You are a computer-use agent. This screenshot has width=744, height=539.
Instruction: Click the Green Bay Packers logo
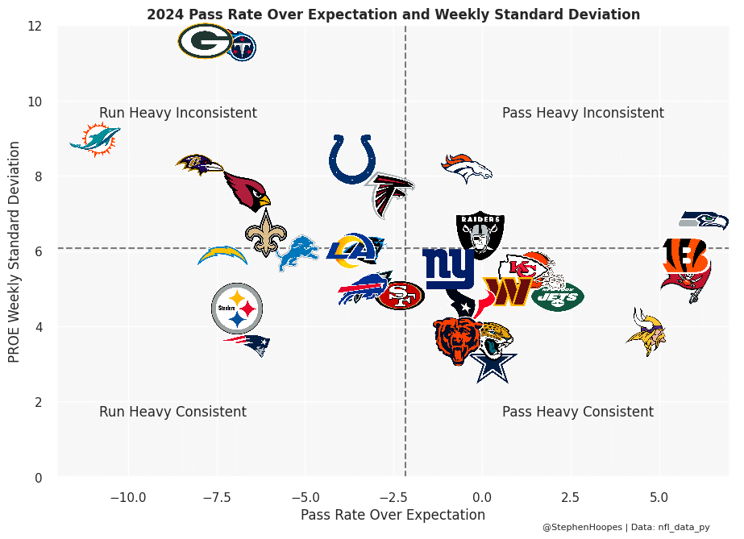click(x=206, y=41)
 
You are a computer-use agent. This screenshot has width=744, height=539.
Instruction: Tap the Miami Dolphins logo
click(x=95, y=140)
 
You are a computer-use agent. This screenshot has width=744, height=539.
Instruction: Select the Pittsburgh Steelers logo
click(x=237, y=308)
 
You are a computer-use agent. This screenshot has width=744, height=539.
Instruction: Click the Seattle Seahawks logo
click(x=703, y=220)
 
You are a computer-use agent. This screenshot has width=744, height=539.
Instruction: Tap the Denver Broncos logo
click(x=466, y=168)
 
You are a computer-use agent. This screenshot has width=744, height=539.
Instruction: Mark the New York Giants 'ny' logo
click(x=449, y=268)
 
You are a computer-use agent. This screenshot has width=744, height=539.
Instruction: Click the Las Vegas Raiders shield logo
click(x=480, y=234)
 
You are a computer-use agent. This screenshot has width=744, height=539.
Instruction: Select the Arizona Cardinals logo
click(x=247, y=191)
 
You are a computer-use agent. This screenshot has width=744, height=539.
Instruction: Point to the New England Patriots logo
click(x=247, y=345)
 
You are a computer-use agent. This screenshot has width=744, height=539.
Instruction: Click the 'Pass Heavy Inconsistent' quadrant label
click(x=583, y=113)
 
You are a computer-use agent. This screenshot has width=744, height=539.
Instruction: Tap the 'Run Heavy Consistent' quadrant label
click(x=172, y=412)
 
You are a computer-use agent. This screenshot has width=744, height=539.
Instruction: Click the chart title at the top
click(x=393, y=15)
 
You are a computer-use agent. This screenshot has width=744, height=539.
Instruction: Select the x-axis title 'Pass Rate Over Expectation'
click(x=393, y=515)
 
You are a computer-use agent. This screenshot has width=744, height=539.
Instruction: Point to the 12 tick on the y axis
click(x=34, y=26)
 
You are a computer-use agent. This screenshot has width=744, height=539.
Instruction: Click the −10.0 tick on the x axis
click(x=127, y=496)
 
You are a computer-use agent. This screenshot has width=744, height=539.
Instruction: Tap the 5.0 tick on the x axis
click(x=659, y=496)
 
